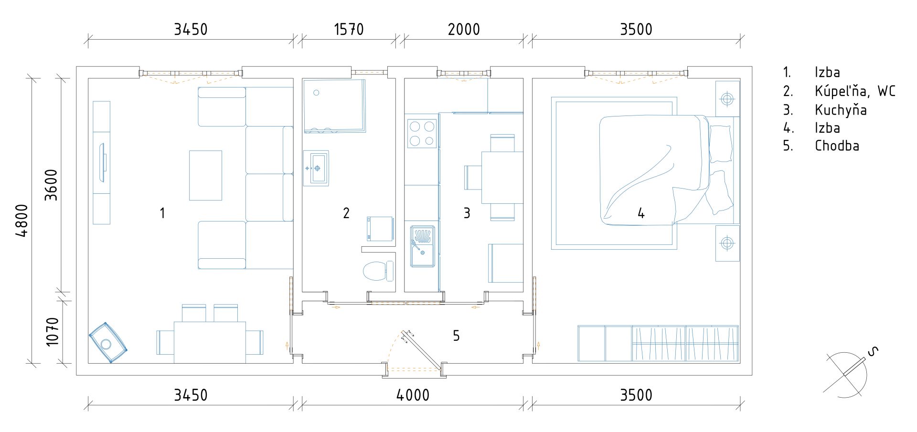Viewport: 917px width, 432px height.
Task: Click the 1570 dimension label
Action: (349, 30)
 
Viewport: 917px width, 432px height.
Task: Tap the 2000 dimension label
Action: (464, 30)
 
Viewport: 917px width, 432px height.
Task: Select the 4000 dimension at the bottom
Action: (413, 395)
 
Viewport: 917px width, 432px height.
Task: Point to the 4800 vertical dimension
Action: (22, 220)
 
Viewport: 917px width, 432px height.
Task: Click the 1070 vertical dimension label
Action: (52, 332)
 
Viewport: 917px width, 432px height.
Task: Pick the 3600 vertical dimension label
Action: (51, 185)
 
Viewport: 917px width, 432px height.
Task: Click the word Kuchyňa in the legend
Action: (841, 110)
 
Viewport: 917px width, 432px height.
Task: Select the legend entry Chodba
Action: (837, 146)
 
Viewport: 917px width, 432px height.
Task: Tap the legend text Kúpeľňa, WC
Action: (855, 91)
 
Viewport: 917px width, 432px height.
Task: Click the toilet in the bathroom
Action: (378, 271)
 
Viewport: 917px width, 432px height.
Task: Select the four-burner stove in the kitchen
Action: (422, 134)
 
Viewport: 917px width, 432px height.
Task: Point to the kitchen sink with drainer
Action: (422, 246)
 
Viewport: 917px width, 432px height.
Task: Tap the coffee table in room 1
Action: (205, 175)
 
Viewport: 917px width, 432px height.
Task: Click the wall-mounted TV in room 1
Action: (102, 162)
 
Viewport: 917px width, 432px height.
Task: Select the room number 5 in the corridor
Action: (456, 336)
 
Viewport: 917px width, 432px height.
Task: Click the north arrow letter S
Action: (873, 352)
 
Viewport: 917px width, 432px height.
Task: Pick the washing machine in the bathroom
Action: (380, 229)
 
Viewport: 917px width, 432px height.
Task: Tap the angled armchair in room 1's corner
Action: (108, 343)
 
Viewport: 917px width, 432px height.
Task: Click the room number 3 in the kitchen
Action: (467, 213)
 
